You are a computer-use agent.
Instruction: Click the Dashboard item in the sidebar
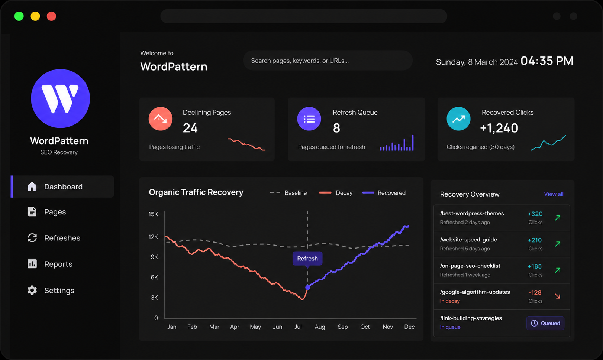point(62,187)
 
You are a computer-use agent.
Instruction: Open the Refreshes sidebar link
point(54,238)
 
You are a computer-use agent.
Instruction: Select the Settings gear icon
point(32,290)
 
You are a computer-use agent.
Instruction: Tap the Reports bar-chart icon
point(32,264)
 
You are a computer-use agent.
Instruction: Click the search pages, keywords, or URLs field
point(328,61)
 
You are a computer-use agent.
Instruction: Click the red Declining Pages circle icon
point(161,119)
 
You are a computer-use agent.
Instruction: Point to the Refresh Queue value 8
point(336,128)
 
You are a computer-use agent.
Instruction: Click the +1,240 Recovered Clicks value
point(499,128)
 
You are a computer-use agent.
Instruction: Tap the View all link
point(554,194)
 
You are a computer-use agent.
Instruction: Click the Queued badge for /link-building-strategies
point(545,323)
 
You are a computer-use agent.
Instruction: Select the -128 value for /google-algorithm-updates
point(535,292)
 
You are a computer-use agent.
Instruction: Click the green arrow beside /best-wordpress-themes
point(558,218)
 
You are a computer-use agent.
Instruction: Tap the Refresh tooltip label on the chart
point(307,259)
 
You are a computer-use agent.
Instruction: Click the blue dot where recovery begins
point(308,287)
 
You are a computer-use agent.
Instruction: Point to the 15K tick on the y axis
point(153,214)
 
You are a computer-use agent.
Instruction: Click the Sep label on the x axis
point(343,327)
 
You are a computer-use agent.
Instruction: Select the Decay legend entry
point(336,193)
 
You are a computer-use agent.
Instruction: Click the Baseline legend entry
point(288,193)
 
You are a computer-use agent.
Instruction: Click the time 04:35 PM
point(547,61)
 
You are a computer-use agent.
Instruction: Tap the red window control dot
point(51,16)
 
